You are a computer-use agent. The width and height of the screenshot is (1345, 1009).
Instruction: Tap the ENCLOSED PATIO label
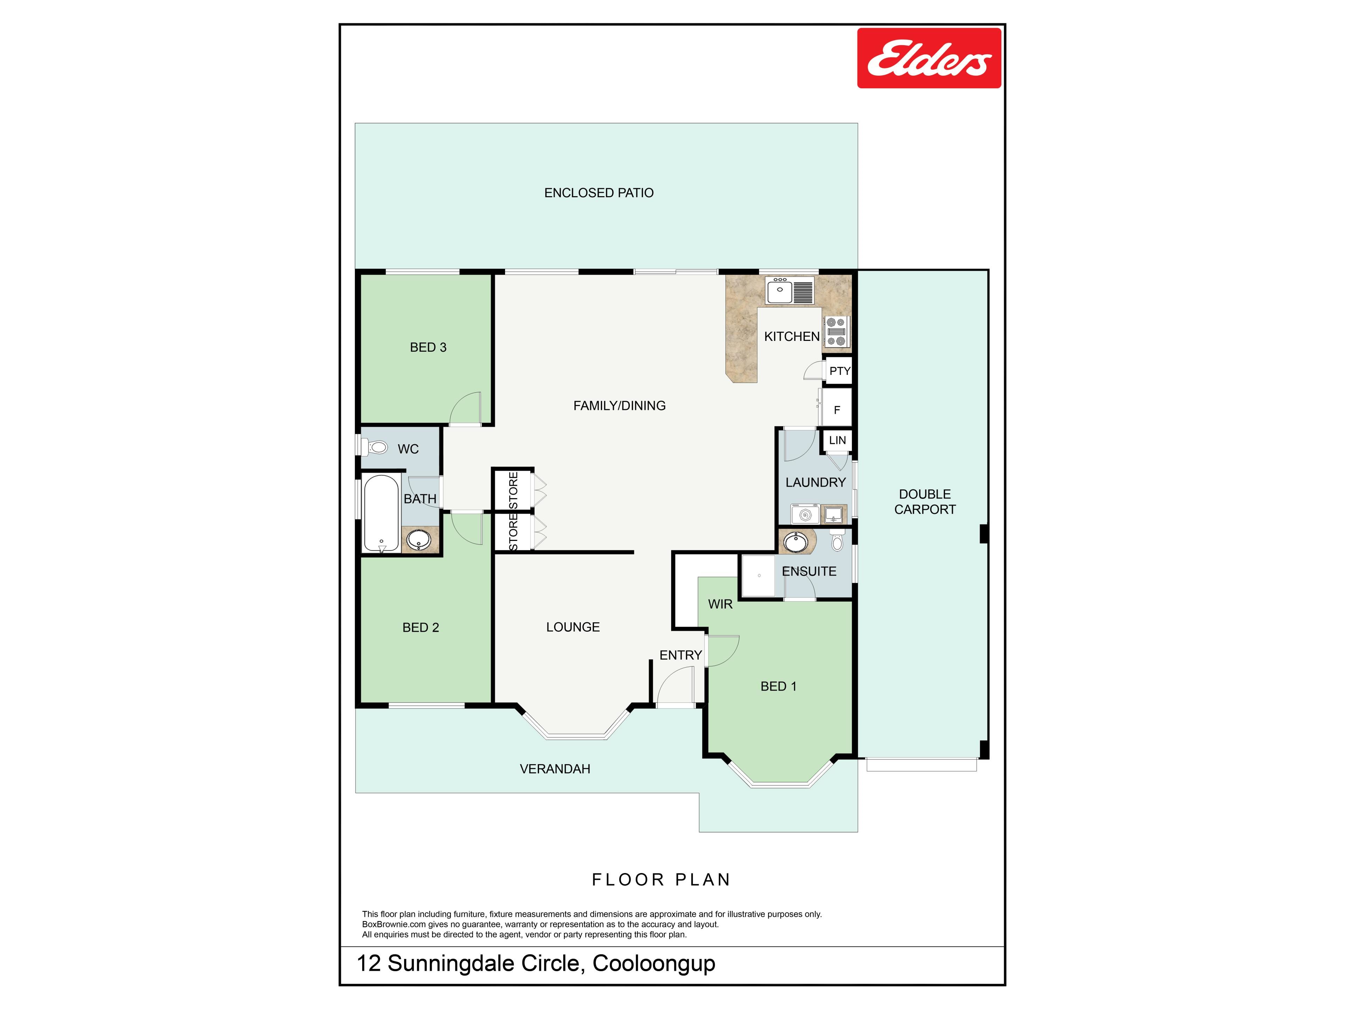tap(599, 193)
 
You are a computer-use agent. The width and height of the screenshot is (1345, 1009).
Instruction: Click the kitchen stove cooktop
tap(836, 331)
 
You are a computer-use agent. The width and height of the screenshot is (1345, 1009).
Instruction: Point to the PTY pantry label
tap(840, 371)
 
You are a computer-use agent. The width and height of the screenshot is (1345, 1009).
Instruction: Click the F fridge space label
tap(837, 410)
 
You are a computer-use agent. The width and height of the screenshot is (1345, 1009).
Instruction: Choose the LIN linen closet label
tap(837, 440)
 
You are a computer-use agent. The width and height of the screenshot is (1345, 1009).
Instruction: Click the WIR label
tap(720, 604)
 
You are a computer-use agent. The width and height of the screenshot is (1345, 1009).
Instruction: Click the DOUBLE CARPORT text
tap(925, 502)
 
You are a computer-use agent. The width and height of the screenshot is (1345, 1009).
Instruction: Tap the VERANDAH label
tap(555, 769)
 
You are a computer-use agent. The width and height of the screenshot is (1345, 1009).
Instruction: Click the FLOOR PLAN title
tap(661, 879)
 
